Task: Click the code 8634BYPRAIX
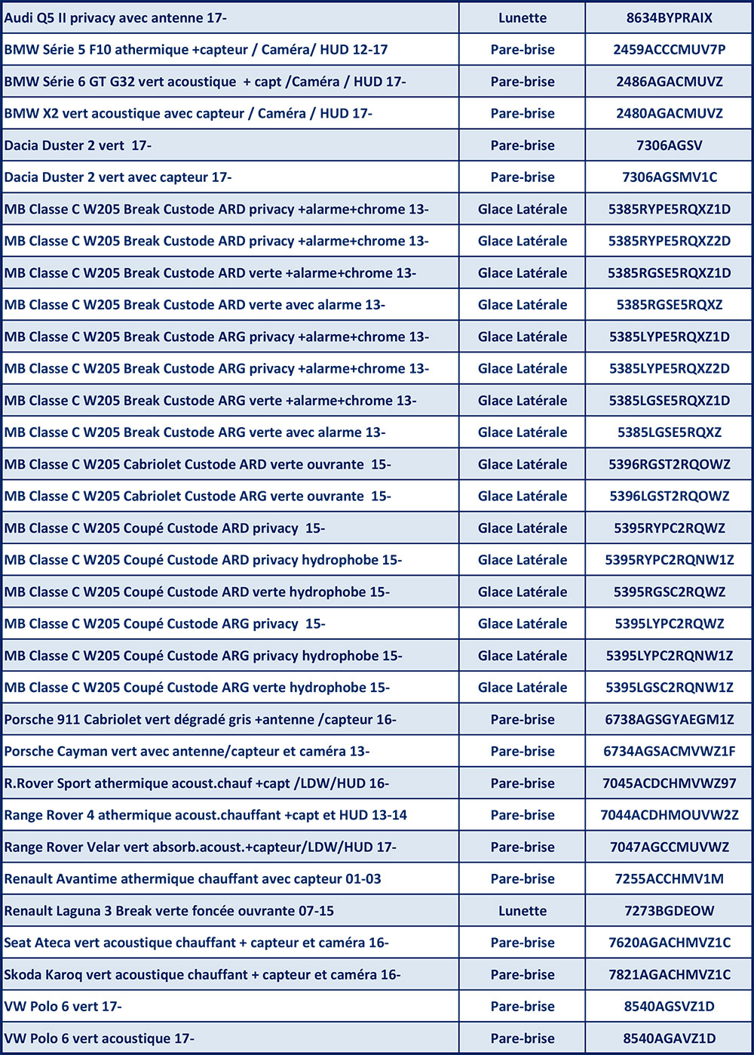pos(669,18)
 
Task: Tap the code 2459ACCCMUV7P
pos(669,50)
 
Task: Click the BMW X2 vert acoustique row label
pos(188,113)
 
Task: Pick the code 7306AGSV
pos(669,146)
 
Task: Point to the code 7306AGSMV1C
pos(669,177)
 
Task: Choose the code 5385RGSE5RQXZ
pos(669,305)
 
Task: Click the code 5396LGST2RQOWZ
pos(669,497)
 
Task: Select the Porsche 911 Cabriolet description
pos(200,720)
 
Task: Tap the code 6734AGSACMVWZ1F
pos(669,752)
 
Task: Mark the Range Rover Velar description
pos(200,847)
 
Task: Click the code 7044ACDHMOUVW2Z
pos(669,815)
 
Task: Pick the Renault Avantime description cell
pos(192,879)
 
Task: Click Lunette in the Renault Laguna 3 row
pos(522,911)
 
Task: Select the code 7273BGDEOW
pos(669,911)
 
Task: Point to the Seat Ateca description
pos(196,943)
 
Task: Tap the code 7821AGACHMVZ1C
pos(669,975)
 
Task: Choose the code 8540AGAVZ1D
pos(669,1038)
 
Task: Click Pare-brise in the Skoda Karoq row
pos(522,975)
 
